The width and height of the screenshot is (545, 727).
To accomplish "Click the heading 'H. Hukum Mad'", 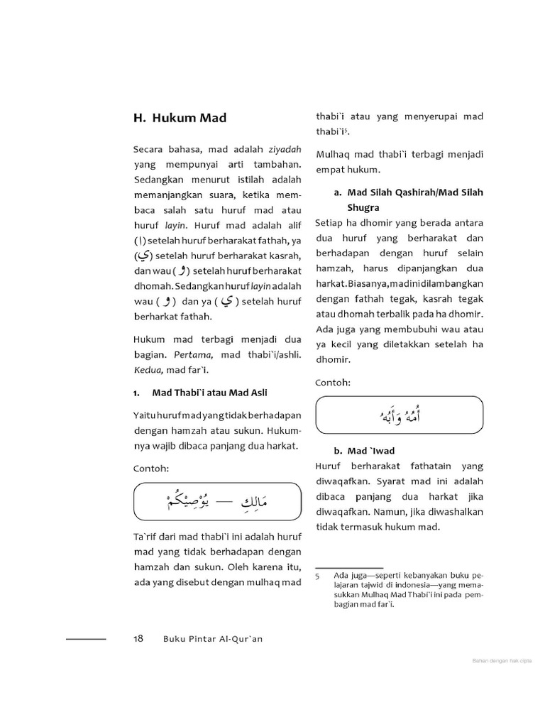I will (180, 118).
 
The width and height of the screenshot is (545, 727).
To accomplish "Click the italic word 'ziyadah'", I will (285, 150).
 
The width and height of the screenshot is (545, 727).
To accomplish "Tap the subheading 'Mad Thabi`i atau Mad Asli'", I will (209, 393).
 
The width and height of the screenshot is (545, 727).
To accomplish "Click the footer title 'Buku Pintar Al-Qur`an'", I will (213, 639).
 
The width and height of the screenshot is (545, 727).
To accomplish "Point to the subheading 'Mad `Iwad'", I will (370, 451).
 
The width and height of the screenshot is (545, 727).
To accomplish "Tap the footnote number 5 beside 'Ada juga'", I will (318, 575).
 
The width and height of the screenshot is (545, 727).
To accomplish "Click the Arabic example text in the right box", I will (400, 415).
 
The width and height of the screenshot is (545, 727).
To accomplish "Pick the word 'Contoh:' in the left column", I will (151, 469).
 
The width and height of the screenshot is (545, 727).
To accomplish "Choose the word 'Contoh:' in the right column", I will (334, 382).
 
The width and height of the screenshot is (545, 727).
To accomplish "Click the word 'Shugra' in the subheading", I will (363, 207).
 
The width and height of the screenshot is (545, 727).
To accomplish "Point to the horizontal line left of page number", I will (86, 639).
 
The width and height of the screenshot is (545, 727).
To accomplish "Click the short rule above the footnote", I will (348, 568).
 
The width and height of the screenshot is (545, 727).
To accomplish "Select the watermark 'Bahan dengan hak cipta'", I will (502, 662).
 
